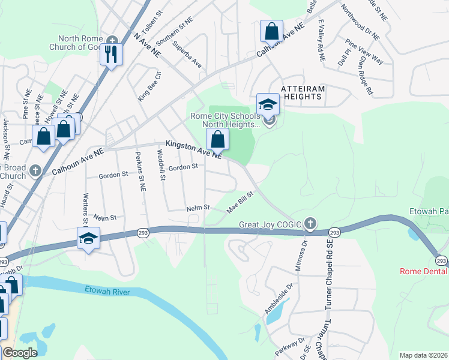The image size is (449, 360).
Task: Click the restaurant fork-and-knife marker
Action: point(111,54)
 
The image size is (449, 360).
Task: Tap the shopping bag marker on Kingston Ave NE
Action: point(217,139)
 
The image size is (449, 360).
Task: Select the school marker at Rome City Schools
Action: point(268,104)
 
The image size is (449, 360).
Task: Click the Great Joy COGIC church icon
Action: point(310,224)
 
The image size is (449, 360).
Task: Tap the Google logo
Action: point(19,353)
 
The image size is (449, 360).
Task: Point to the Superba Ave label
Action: point(187,54)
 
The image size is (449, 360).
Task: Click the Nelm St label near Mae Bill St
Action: point(197,208)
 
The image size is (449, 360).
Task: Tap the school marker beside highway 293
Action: point(88,239)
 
